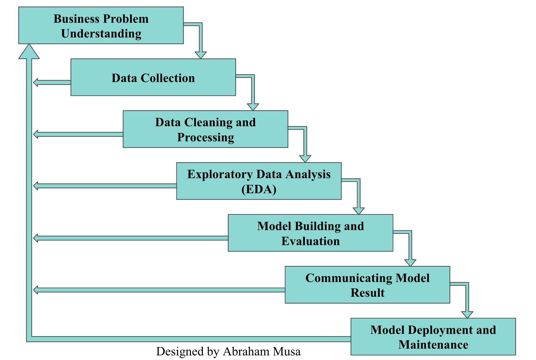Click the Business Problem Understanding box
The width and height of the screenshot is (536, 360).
[101, 25]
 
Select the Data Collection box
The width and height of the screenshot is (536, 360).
[153, 77]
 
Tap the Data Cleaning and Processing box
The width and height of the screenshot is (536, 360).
[205, 129]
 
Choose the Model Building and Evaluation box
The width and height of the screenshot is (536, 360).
[310, 233]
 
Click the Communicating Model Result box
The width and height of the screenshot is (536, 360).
[367, 285]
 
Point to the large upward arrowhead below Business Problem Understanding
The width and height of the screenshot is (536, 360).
[29, 52]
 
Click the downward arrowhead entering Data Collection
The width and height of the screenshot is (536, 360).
[201, 55]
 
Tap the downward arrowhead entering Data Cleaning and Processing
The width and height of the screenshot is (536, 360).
[253, 107]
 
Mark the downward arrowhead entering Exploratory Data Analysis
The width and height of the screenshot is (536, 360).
[305, 158]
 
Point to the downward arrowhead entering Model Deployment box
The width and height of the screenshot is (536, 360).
[467, 314]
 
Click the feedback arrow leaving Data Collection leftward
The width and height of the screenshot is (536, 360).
[51, 82]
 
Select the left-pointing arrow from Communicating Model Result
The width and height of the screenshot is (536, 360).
[154, 290]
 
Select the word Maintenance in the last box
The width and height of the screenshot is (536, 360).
[433, 345]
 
